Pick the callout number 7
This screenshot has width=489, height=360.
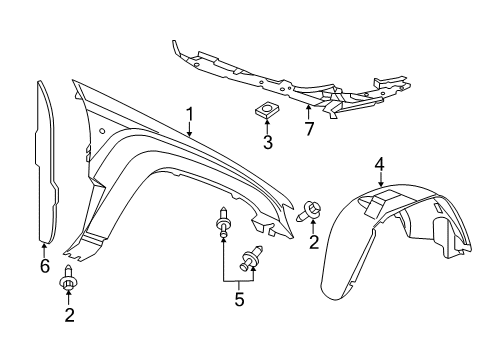pyautogui.click(x=308, y=128)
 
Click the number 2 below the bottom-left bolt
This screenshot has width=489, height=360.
pyautogui.click(x=68, y=316)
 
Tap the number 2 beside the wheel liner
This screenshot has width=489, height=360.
pyautogui.click(x=313, y=241)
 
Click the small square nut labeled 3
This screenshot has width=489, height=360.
pyautogui.click(x=267, y=111)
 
